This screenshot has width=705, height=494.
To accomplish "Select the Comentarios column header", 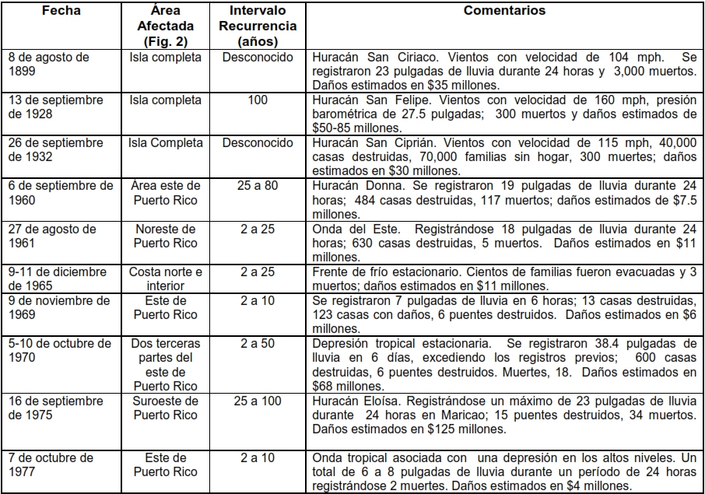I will (x=504, y=12).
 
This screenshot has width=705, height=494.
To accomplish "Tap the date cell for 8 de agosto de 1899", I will (x=48, y=64).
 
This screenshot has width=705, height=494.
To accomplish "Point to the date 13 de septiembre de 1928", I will (x=56, y=107).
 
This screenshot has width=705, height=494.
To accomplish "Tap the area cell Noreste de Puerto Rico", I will (x=165, y=236).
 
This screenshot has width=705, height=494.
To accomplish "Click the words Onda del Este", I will (x=350, y=229).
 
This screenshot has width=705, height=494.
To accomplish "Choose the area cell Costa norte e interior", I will (x=165, y=279).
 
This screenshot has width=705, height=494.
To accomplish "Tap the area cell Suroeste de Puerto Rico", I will (x=165, y=407).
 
